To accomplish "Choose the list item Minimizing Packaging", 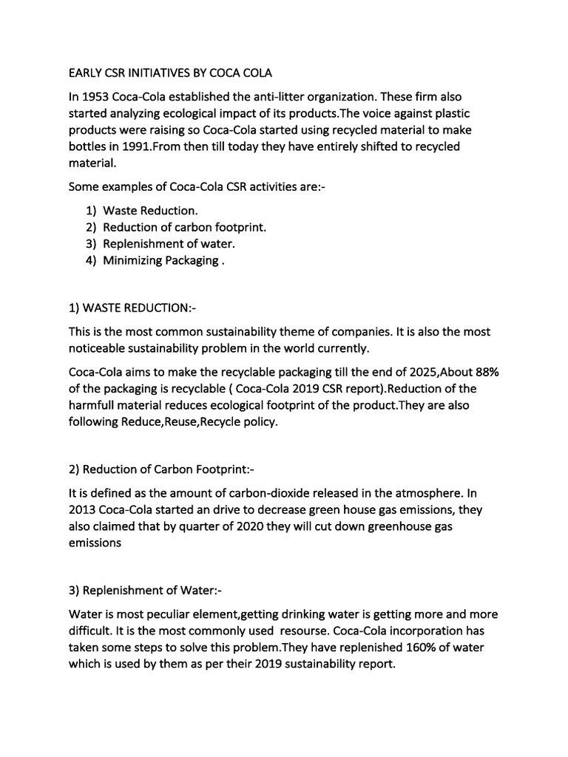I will point(160,260).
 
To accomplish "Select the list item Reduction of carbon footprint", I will point(184,227).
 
